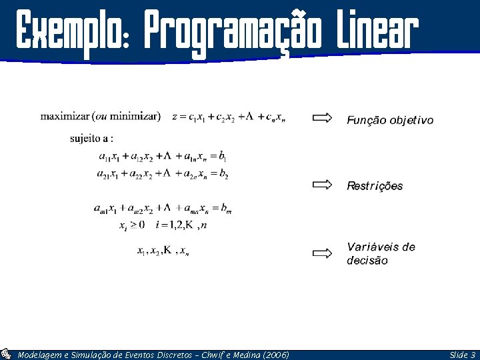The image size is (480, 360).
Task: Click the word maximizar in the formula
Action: tap(61, 116)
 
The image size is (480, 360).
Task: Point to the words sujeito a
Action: tap(91, 139)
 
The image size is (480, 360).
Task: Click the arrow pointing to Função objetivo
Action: tap(322, 118)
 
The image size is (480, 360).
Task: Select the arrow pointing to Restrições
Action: tap(322, 185)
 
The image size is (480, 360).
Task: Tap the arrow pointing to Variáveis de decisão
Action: tap(322, 253)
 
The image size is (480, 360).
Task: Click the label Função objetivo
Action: tap(389, 120)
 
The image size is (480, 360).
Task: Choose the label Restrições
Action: tap(375, 186)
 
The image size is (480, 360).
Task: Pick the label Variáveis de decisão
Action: tap(380, 253)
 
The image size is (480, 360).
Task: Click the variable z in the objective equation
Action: tap(175, 117)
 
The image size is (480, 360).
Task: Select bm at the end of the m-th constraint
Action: tap(226, 209)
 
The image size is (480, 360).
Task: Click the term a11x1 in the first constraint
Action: tap(108, 157)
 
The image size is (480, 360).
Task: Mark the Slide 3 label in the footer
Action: tap(462, 355)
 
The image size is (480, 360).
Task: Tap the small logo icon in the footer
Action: tap(6, 355)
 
